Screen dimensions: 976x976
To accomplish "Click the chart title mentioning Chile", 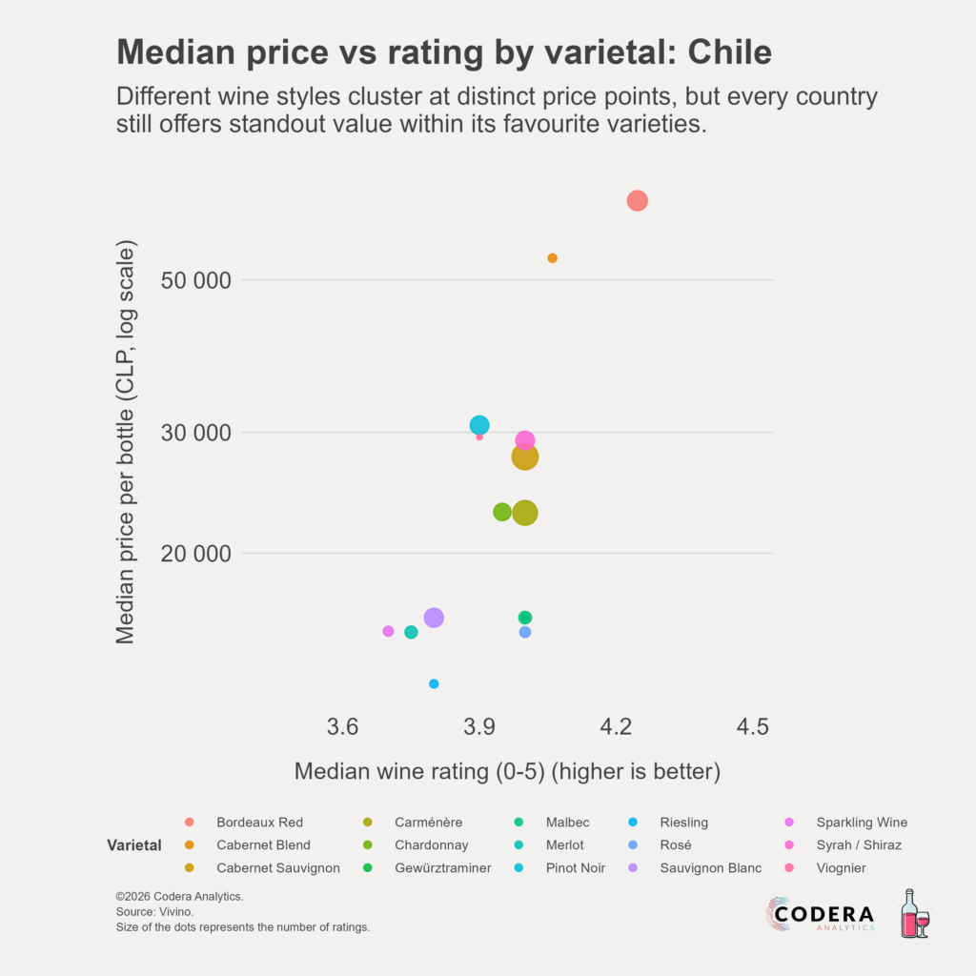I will click(x=443, y=52).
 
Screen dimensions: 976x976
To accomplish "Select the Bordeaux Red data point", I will click(x=638, y=200).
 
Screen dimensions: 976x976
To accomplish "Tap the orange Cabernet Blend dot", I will click(x=552, y=258).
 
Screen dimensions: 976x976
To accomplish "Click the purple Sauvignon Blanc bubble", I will click(x=434, y=618).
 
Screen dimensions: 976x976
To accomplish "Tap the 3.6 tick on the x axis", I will click(x=343, y=726).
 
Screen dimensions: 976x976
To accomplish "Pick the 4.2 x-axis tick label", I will click(x=617, y=726).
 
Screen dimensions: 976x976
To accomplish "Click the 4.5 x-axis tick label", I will click(x=753, y=726).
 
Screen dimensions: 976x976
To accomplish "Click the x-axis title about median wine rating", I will click(x=507, y=771).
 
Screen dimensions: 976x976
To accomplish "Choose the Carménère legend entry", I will click(x=428, y=823).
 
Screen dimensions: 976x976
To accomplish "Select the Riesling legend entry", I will click(x=683, y=823).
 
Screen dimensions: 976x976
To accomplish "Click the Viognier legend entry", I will click(x=841, y=868).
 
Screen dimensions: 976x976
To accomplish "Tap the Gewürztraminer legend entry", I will click(x=442, y=868).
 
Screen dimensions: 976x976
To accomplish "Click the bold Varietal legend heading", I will click(x=134, y=845).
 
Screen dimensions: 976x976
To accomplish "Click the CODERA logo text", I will click(x=823, y=914).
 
